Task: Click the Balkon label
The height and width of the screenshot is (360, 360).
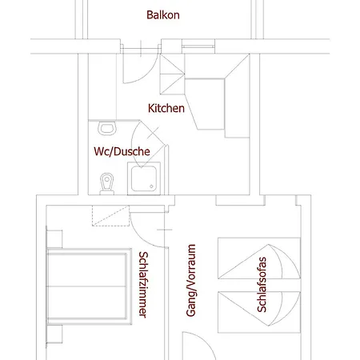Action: [x=163, y=15]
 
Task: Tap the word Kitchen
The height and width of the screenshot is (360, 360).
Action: [x=166, y=108]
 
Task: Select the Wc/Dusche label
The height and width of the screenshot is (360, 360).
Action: [x=122, y=151]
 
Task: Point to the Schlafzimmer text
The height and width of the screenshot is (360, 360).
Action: [x=143, y=285]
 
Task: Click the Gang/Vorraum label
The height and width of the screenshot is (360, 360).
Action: [x=191, y=280]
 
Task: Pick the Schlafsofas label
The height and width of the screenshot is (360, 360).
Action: [x=262, y=285]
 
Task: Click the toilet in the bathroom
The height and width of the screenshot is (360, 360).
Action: [x=107, y=184]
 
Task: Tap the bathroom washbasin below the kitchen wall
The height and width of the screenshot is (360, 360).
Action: [x=107, y=128]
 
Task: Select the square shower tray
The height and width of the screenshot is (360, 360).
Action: [x=144, y=178]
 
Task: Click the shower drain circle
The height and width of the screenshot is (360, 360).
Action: [x=151, y=186]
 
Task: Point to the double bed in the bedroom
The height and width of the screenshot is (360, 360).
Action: [x=90, y=286]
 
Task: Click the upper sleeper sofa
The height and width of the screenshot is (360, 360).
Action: [x=259, y=258]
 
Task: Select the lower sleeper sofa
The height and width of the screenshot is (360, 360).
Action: [x=259, y=312]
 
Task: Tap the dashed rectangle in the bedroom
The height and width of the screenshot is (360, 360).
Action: [x=110, y=216]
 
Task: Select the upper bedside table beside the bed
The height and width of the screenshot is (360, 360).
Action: [x=54, y=239]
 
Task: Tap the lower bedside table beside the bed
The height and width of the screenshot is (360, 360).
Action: [x=54, y=334]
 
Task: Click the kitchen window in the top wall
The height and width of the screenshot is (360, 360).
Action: [x=198, y=46]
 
